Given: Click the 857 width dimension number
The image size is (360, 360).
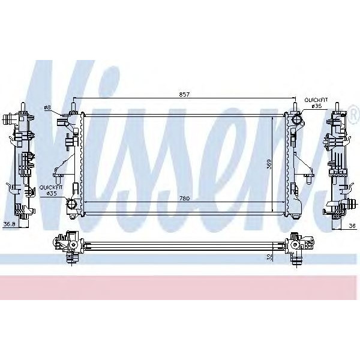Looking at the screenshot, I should tap(184, 95).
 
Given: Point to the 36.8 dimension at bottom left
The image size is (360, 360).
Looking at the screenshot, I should tap(9, 225).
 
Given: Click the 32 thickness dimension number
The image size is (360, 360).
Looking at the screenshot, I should tap(271, 256).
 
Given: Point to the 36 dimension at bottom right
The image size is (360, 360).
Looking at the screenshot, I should tap(352, 225).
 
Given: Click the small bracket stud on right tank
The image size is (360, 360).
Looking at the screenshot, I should tap(306, 176).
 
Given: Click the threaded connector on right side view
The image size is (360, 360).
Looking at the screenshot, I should tap(344, 206).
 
